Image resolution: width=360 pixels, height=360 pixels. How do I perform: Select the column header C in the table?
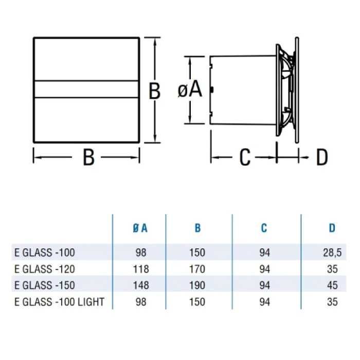pos(264,228)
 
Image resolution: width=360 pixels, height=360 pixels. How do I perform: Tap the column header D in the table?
pos(332,228)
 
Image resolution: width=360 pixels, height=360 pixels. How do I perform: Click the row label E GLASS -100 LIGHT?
pos(59,302)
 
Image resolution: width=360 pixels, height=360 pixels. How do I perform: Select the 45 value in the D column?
pos(332,285)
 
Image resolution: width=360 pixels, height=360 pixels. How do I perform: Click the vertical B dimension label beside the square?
pos(154,91)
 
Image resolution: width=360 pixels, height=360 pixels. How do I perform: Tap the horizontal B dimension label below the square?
pos(88,157)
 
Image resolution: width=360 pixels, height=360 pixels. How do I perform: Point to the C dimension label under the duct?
pos(245,157)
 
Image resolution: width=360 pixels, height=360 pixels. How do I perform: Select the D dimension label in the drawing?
pos(321,157)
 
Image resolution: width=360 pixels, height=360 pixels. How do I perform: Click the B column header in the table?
pos(197,228)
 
